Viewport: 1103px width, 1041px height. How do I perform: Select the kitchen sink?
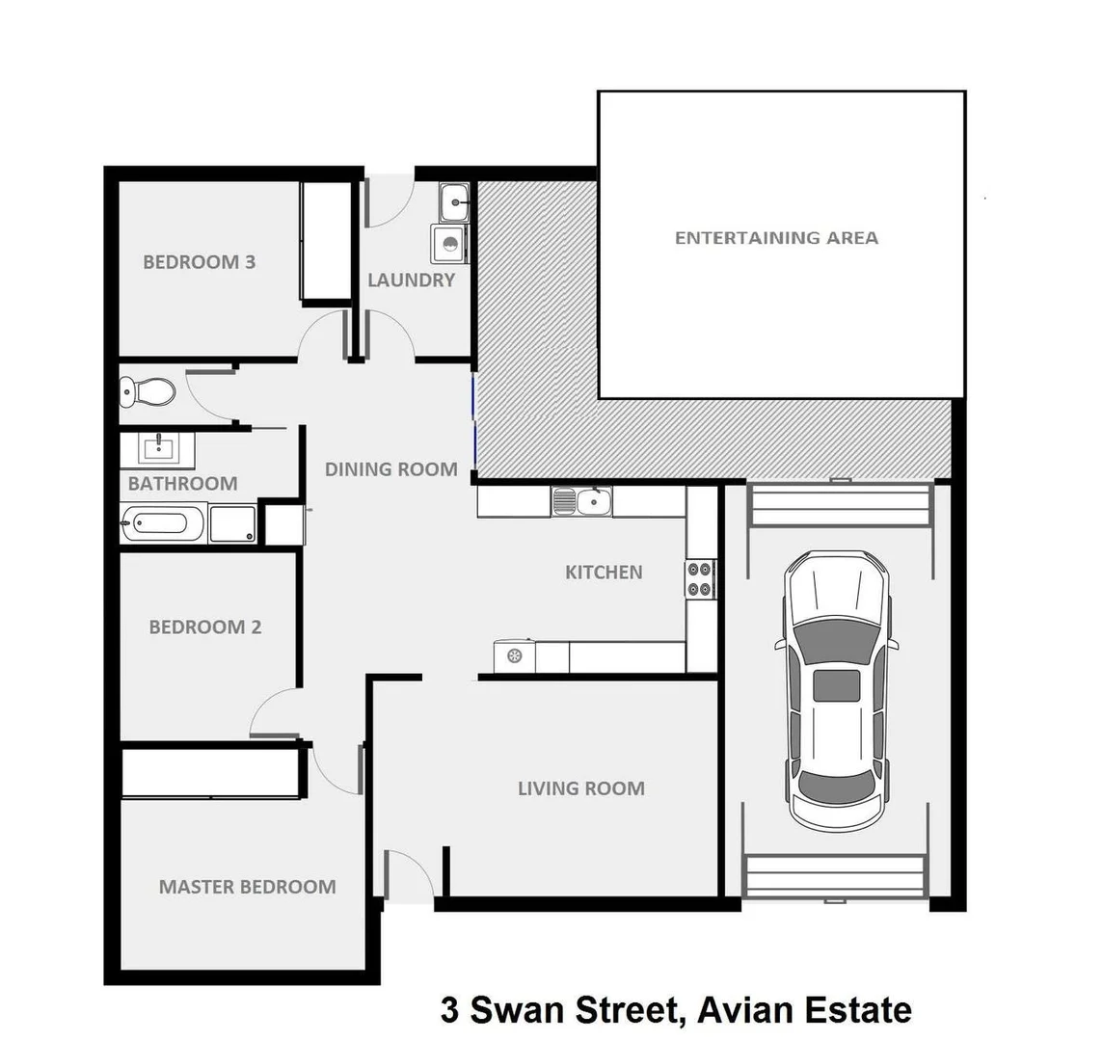pos(581,501)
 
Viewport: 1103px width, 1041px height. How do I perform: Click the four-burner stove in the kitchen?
pos(700,578)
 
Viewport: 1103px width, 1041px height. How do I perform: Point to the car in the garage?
pos(836,689)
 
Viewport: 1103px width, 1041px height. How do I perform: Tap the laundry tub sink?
pos(453,203)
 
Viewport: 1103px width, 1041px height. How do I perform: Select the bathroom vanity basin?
pos(157,449)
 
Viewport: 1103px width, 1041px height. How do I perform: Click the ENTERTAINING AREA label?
pos(776,237)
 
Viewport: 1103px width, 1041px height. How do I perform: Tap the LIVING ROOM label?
pos(580,788)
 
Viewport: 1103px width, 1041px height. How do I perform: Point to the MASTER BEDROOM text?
pos(247,887)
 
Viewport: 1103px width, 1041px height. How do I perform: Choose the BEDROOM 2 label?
pos(204,627)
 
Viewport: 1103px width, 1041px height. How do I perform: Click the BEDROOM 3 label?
pos(199,261)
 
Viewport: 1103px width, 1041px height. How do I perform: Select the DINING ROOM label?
pos(390,469)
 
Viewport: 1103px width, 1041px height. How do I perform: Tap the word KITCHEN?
pos(604,572)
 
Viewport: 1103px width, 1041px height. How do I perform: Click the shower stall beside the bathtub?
pos(233,525)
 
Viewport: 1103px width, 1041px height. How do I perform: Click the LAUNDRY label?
pos(411,280)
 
